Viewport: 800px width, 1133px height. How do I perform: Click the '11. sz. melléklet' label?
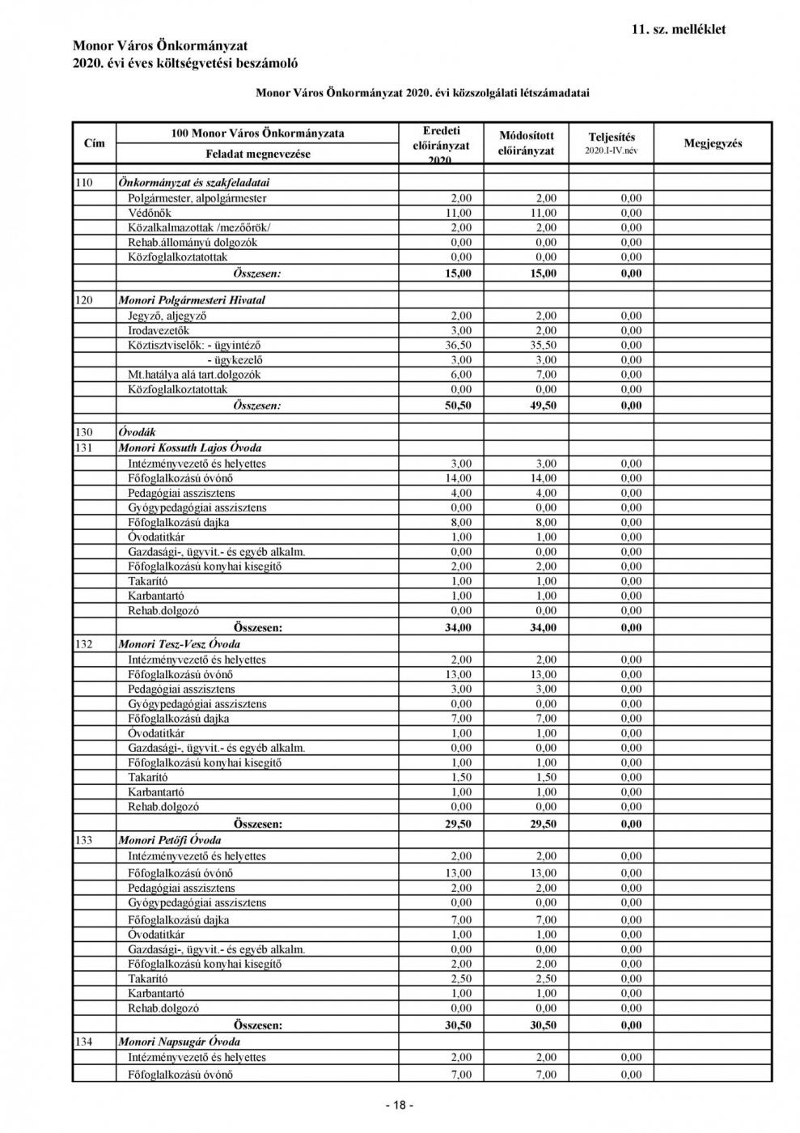678,30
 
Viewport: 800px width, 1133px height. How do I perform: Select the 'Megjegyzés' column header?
713,143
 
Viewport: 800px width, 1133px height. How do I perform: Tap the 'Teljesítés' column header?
612,138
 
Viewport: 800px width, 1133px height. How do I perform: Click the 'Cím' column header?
95,143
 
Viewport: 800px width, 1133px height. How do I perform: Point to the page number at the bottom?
400,1105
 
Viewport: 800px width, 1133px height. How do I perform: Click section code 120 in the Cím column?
84,300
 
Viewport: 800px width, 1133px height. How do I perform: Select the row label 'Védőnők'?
150,213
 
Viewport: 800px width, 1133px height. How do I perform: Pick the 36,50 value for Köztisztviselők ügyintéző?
459,346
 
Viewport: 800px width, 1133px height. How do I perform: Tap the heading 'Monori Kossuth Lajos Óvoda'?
190,448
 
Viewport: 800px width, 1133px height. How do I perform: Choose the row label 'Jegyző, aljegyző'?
167,316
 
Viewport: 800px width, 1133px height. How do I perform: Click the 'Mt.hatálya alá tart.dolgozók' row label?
194,375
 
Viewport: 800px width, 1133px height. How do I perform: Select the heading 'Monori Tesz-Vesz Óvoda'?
180,644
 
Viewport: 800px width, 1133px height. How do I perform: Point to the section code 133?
84,840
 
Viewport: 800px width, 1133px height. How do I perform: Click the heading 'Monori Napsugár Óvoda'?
180,1042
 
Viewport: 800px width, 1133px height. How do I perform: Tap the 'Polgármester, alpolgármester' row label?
197,198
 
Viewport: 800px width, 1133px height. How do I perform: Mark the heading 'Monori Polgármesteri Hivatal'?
192,300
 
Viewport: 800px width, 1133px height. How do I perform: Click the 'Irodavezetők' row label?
159,330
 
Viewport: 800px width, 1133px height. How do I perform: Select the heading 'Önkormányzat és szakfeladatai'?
194,183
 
